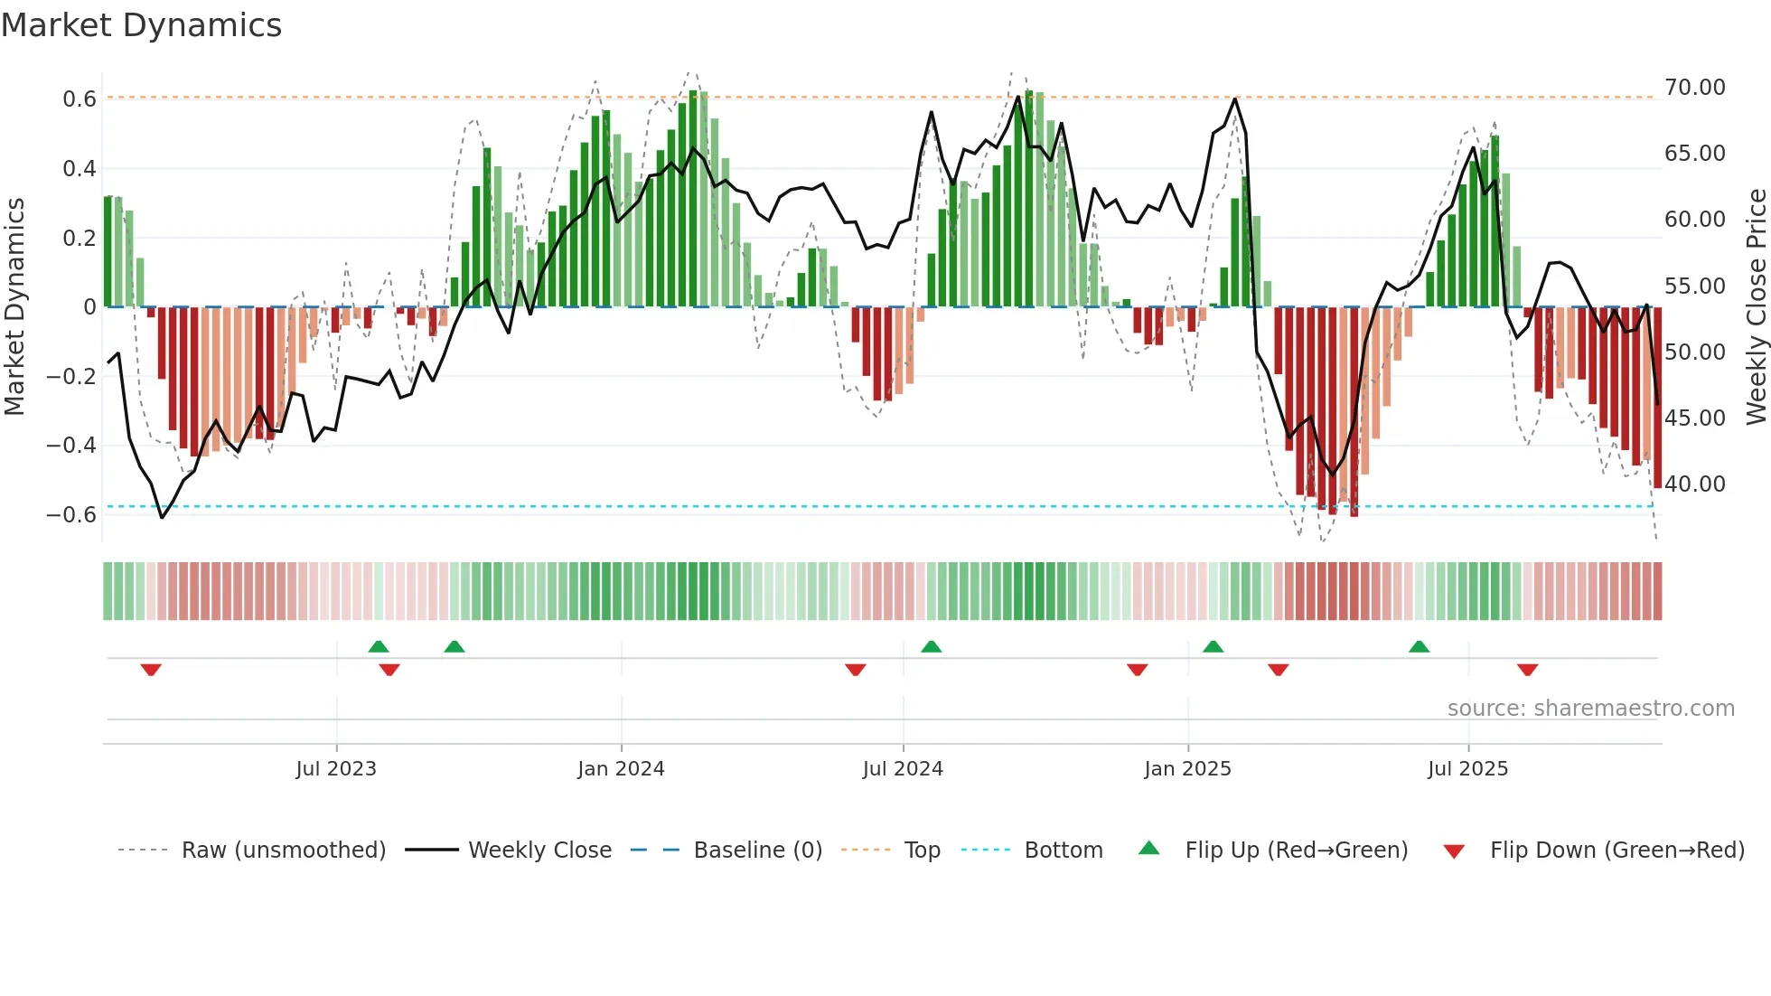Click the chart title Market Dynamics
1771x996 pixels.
pyautogui.click(x=142, y=25)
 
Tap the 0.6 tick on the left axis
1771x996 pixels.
pyautogui.click(x=80, y=99)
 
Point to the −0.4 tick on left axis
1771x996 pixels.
pyautogui.click(x=71, y=445)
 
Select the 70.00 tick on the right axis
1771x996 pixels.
pyautogui.click(x=1695, y=88)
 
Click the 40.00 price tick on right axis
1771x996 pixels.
pyautogui.click(x=1695, y=484)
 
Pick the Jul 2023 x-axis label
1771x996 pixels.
pyautogui.click(x=336, y=768)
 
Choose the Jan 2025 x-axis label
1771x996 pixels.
pyautogui.click(x=1187, y=768)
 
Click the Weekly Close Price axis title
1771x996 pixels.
pyautogui.click(x=1756, y=306)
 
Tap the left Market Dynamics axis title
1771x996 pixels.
pyautogui.click(x=14, y=306)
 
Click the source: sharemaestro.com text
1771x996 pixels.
pyautogui.click(x=1590, y=708)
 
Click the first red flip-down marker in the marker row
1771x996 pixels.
pyautogui.click(x=151, y=670)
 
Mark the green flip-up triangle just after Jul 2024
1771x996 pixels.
pyautogui.click(x=932, y=646)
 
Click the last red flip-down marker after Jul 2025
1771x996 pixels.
pyautogui.click(x=1528, y=670)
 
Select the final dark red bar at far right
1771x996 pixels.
pyautogui.click(x=1657, y=398)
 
